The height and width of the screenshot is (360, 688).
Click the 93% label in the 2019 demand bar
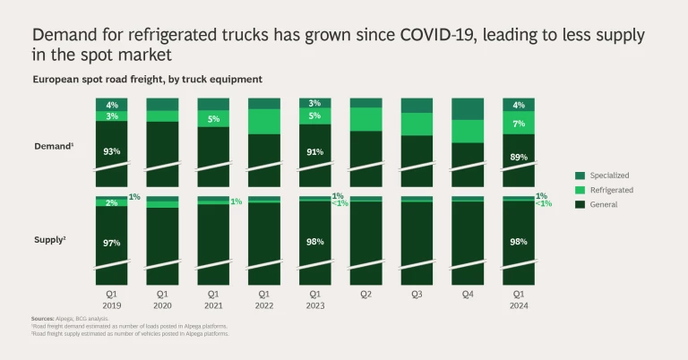click(112, 151)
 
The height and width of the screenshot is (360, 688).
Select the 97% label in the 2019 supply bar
click(112, 243)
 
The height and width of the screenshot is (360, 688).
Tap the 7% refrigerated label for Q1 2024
click(519, 123)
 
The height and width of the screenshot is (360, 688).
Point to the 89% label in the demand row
click(519, 157)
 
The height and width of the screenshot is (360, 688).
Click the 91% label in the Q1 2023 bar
click(315, 152)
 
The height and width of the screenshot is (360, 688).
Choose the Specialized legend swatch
click(580, 176)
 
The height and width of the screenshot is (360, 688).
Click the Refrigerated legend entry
click(611, 190)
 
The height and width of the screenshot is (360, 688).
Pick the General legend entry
click(605, 204)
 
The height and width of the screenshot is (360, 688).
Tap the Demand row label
click(53, 145)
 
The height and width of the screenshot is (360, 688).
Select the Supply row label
click(51, 239)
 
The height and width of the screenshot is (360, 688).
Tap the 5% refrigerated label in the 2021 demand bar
click(213, 119)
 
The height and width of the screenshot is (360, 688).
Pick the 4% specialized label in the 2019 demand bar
click(112, 105)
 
